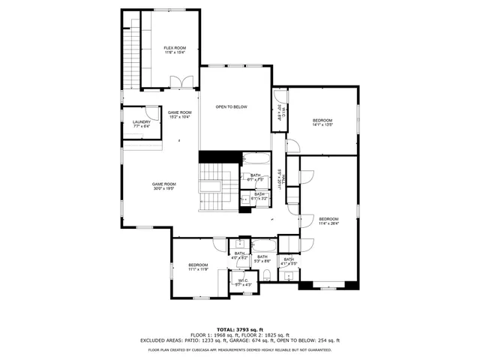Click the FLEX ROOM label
pyautogui.click(x=174, y=50)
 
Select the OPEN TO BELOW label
pyautogui.click(x=231, y=107)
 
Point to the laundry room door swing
pyautogui.click(x=152, y=110)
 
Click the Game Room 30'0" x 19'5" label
pyautogui.click(x=163, y=186)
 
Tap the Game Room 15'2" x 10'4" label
pyautogui.click(x=178, y=114)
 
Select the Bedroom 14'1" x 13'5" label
pyautogui.click(x=322, y=122)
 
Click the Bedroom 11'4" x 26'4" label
pyautogui.click(x=328, y=220)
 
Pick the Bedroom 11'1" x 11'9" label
pyautogui.click(x=198, y=266)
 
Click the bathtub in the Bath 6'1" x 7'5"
pyautogui.click(x=252, y=160)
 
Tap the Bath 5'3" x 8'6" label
pyautogui.click(x=262, y=259)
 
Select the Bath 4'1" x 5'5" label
pyautogui.click(x=289, y=262)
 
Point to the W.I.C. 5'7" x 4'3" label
pyautogui.click(x=244, y=282)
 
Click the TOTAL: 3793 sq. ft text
pyautogui.click(x=239, y=329)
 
